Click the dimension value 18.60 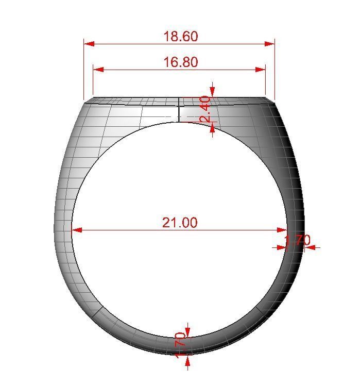coord(180,37)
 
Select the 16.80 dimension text coord(180,62)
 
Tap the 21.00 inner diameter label coord(180,223)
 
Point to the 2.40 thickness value coord(205,109)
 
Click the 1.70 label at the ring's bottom coord(180,344)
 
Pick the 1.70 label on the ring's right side coord(298,240)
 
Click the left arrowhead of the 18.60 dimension coord(89,44)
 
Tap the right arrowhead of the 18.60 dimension coord(269,44)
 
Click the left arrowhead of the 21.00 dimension coord(77,230)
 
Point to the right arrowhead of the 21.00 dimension coord(282,230)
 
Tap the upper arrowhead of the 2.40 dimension coord(213,91)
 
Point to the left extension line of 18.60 coord(84,72)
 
